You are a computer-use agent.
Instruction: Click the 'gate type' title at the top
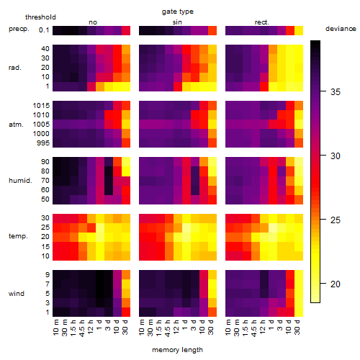(178, 12)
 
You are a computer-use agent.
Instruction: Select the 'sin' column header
(177, 22)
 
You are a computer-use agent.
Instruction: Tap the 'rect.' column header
(262, 22)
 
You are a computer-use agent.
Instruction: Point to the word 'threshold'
(40, 17)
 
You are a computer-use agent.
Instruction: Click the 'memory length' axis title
(177, 350)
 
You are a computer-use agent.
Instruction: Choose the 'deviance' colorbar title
(341, 29)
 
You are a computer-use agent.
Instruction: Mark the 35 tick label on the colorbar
(336, 91)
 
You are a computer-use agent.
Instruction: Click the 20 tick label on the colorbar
(336, 284)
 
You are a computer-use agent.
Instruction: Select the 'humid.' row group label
(20, 181)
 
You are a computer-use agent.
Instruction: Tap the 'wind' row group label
(17, 294)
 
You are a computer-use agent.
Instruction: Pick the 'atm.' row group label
(16, 125)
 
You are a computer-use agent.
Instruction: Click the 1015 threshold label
(41, 106)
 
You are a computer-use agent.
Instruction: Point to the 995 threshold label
(43, 143)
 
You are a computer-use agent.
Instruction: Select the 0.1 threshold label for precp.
(44, 30)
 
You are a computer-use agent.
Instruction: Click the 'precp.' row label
(19, 29)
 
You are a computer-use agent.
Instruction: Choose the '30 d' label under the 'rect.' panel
(298, 328)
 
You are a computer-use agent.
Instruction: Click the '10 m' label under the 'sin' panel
(143, 328)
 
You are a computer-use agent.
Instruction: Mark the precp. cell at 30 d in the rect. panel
(299, 30)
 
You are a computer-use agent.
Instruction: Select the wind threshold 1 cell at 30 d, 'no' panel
(126, 312)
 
